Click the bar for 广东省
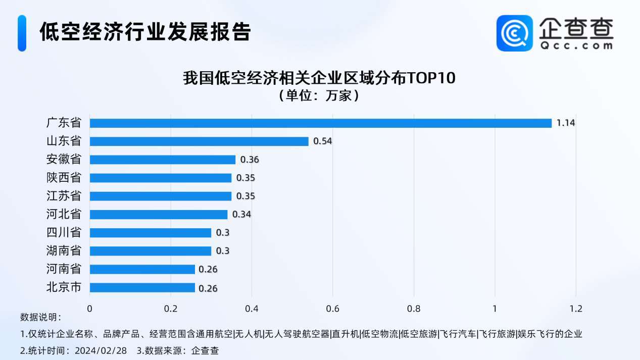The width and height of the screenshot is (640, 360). point(321,123)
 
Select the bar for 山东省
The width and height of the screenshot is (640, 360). point(199,141)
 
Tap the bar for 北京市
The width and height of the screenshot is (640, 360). point(142,287)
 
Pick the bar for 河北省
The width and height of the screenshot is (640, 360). point(159,215)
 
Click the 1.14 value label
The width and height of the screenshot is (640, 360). point(566,123)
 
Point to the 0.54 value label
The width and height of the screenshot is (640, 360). point(323,141)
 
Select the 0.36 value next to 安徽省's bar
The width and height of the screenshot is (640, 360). point(250,160)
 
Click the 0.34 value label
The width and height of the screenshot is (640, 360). point(241,215)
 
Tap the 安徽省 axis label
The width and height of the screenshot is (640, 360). point(64,159)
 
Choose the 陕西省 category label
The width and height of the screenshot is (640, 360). point(64,177)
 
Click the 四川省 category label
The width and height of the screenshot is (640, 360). point(64,232)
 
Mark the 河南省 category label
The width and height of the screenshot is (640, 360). point(64,269)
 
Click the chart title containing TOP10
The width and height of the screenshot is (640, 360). point(319,79)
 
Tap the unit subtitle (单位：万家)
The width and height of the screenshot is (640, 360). point(319,95)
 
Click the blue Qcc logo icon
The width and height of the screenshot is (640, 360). point(514,33)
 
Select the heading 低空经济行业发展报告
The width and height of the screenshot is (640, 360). point(145,31)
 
